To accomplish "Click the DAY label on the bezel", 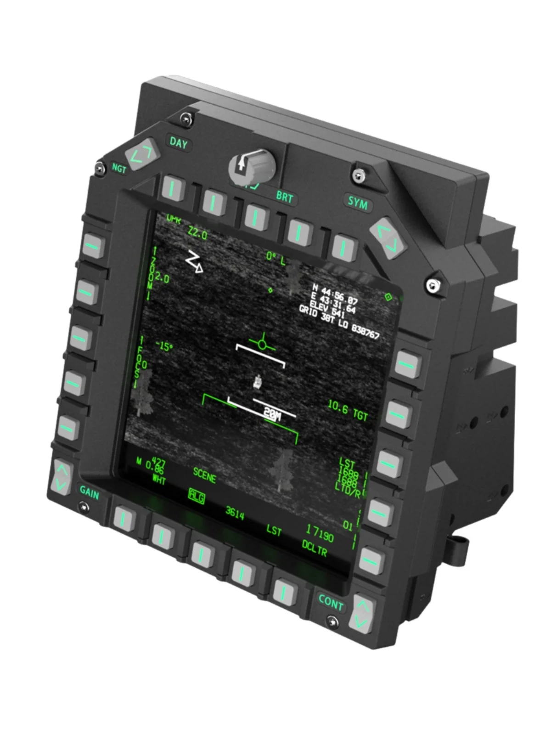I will (x=179, y=143).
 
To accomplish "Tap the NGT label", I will (x=119, y=169).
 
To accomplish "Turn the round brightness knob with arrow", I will (x=251, y=166).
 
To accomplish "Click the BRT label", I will (x=284, y=197).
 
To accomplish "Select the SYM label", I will (x=358, y=202).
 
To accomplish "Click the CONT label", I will (x=331, y=602).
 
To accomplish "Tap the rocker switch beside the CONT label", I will (x=362, y=614).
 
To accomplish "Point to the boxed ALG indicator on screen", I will (x=197, y=496).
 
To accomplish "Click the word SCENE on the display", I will (x=204, y=475).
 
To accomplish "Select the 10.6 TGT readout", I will (x=348, y=410).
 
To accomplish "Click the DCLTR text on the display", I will (x=315, y=548).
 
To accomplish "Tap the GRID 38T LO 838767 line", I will (x=339, y=321).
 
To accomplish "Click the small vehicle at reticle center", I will (x=258, y=381).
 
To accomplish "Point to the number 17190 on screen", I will (x=320, y=533).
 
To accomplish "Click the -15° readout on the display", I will (x=164, y=345).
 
